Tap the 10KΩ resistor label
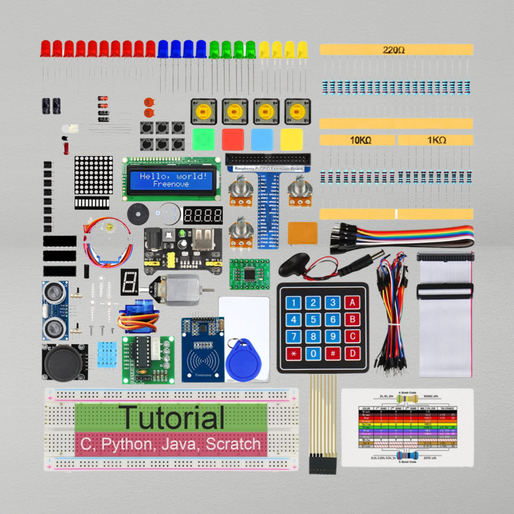[360, 140]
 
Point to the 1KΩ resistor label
[436, 140]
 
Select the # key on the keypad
[332, 353]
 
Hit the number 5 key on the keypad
[313, 320]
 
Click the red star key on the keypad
[293, 353]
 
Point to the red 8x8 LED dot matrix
[94, 176]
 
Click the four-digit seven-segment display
[203, 216]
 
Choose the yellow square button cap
[291, 139]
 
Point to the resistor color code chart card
[407, 427]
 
